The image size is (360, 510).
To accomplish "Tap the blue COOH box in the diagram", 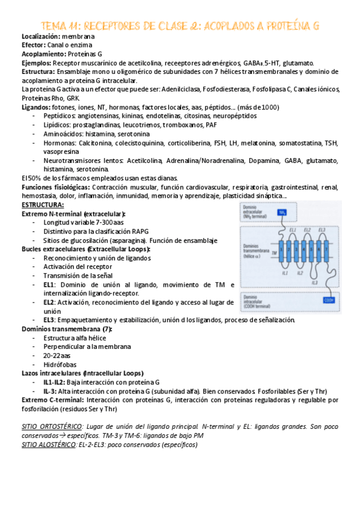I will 329,300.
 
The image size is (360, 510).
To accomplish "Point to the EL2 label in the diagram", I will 308,230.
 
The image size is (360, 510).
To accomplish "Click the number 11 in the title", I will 70,26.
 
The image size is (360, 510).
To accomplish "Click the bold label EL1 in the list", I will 49,284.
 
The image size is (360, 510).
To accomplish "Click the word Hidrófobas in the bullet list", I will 60,364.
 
